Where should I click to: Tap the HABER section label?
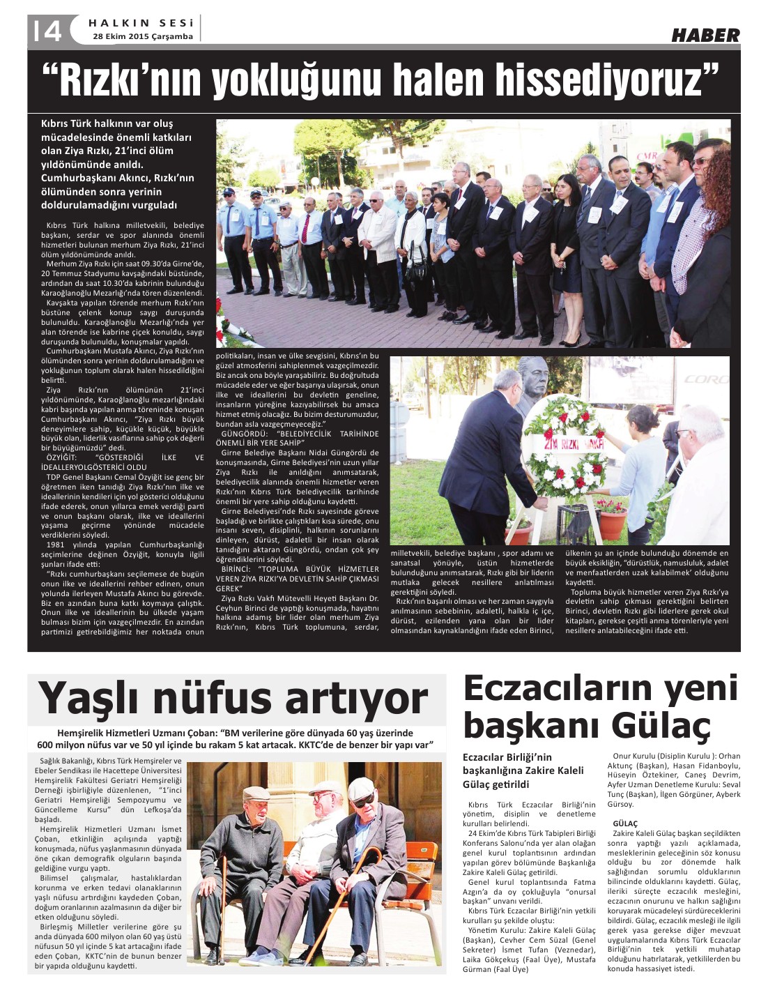click(705, 35)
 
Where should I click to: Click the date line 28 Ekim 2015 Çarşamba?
click(143, 36)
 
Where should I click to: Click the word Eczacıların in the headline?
click(557, 689)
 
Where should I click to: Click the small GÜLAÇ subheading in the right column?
click(625, 823)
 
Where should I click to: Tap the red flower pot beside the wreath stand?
click(613, 519)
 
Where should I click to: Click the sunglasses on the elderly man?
click(362, 801)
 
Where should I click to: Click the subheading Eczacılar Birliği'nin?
click(507, 757)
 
